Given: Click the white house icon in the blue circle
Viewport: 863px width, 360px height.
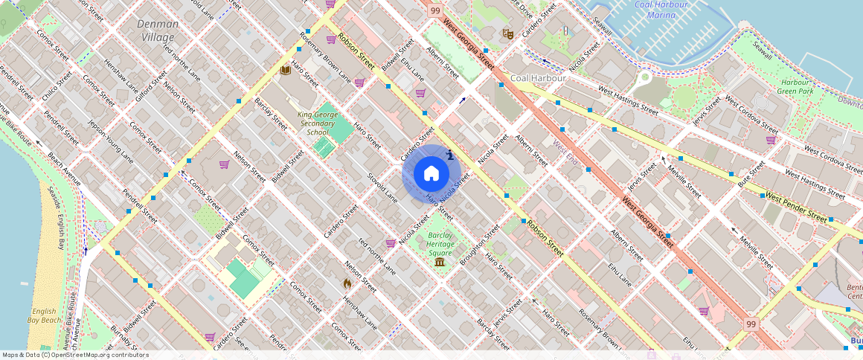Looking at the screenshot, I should tap(431, 174).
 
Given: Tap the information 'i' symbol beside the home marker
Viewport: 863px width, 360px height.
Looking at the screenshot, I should tap(450, 155).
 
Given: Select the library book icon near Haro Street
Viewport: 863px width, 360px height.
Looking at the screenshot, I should tap(285, 71).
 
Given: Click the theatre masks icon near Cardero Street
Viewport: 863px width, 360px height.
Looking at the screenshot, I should tap(507, 33).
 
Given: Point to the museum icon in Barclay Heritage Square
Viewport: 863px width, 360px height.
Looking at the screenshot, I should tap(440, 263).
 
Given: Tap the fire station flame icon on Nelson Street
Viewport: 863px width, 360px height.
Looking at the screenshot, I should tap(347, 283).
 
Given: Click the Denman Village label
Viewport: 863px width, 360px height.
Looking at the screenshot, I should tap(157, 30).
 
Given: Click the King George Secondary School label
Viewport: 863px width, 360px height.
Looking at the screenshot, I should tap(318, 123).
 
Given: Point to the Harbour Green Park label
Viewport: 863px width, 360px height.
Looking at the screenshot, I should tap(797, 87).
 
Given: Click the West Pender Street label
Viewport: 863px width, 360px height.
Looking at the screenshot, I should tap(795, 208).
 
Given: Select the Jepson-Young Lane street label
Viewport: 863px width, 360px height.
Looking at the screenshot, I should tap(111, 141).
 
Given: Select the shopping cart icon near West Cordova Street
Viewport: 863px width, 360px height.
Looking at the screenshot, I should tap(771, 139).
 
